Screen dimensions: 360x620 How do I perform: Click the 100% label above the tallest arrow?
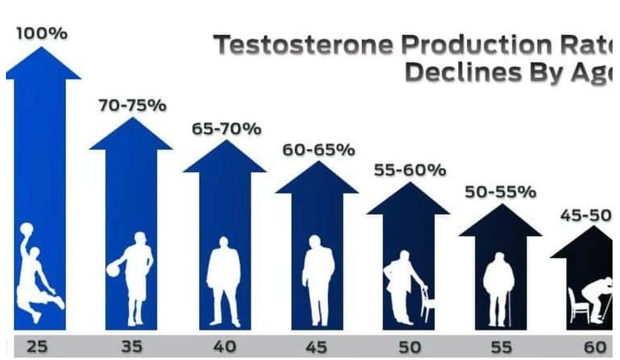click(42, 34)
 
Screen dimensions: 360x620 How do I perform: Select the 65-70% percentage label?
click(227, 128)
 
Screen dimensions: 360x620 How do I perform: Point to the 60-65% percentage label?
click(318, 150)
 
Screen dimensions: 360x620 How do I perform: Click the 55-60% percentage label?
click(410, 170)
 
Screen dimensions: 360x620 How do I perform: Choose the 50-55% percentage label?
click(500, 191)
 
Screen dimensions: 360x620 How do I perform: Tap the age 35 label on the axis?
click(132, 346)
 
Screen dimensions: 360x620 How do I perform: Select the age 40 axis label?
click(225, 346)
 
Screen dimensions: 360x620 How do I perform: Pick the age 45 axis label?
click(317, 346)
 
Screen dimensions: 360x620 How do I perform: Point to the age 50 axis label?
click(409, 346)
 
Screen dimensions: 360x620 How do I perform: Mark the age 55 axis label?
click(501, 346)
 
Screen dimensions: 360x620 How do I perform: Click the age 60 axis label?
click(593, 346)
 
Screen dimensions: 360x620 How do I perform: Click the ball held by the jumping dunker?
click(27, 229)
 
